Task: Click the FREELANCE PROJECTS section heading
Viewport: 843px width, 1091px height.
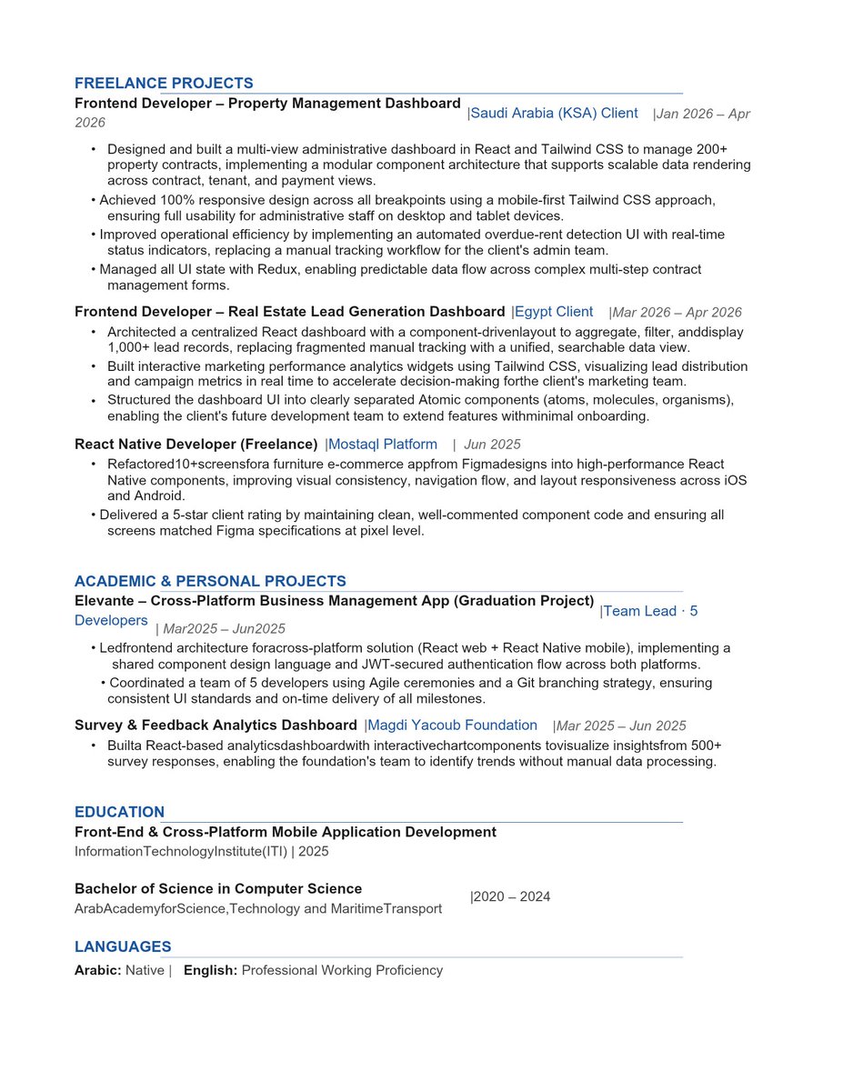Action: click(x=164, y=84)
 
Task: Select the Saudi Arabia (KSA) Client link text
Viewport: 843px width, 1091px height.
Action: click(x=554, y=114)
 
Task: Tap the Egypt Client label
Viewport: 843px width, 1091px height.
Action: click(x=554, y=312)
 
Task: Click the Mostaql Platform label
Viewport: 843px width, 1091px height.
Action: click(x=383, y=445)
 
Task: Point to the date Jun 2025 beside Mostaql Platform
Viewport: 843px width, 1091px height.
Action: click(x=492, y=445)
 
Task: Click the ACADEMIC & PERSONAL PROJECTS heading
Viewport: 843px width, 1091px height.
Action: click(x=210, y=582)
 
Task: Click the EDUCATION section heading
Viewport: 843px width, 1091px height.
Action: click(x=119, y=813)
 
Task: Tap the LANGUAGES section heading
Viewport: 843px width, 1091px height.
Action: click(x=123, y=947)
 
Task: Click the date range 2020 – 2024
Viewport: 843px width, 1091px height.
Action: click(x=512, y=897)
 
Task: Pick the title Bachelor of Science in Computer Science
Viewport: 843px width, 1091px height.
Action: click(x=218, y=889)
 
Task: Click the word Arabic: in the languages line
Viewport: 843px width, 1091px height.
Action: click(x=98, y=971)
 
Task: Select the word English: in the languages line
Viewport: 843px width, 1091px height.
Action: click(x=211, y=971)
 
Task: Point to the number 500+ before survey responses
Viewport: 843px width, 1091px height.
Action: click(x=706, y=746)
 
